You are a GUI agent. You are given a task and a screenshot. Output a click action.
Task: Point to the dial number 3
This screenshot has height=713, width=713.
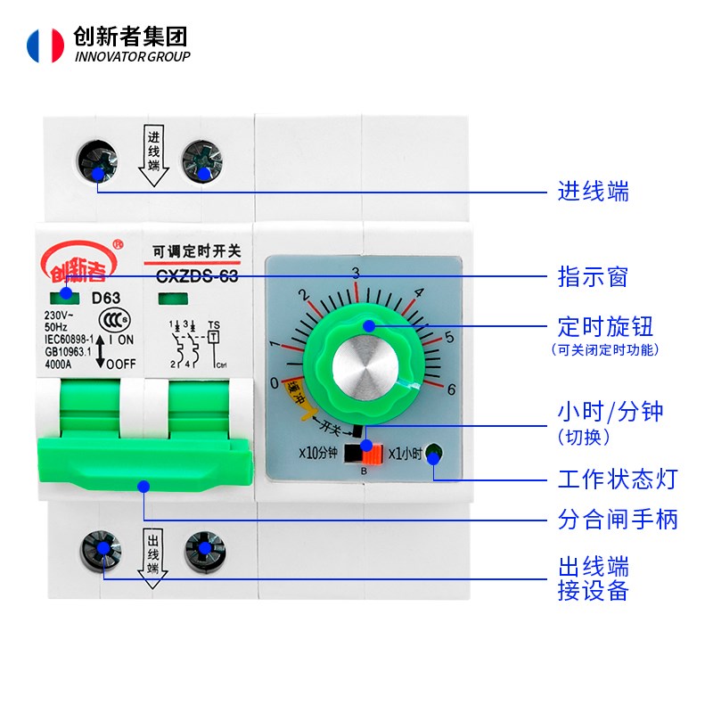356,273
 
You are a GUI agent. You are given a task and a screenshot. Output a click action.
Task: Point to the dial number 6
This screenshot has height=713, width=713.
452,389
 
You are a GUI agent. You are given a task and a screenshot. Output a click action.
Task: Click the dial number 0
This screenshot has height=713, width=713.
274,383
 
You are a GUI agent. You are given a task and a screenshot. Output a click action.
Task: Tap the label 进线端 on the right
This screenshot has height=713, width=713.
594,191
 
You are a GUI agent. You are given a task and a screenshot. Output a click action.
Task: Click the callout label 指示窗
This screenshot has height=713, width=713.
594,276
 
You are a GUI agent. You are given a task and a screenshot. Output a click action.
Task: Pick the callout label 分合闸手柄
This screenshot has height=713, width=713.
618,519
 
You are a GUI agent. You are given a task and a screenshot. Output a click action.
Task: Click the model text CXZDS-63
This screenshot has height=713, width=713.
197,276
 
